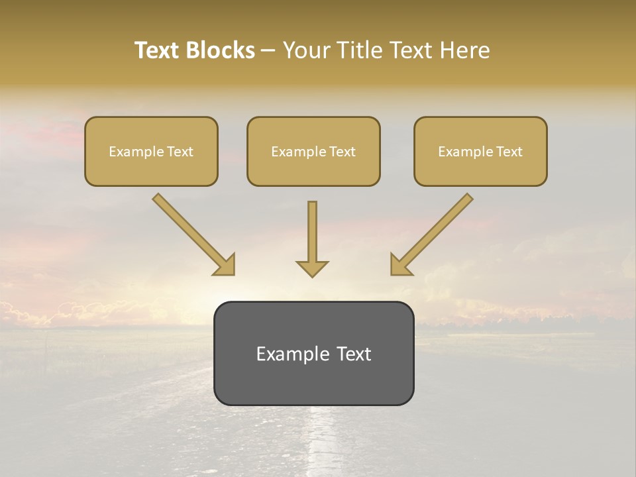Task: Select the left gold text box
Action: point(151,151)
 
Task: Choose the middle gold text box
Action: point(313,151)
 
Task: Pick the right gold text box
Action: point(480,151)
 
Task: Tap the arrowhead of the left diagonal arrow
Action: point(226,266)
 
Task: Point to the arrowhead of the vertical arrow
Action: point(312,268)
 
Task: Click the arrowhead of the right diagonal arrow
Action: point(399,266)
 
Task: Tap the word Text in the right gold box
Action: point(509,152)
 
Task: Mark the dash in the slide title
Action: point(268,51)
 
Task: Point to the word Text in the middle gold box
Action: point(342,152)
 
